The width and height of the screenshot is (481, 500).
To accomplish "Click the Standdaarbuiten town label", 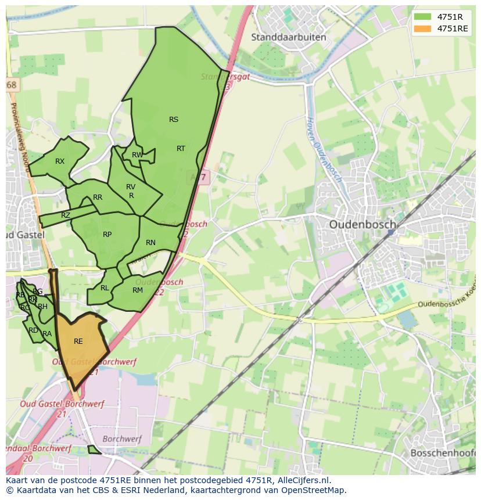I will tap(288, 37).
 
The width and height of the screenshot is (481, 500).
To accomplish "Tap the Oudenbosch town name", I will tap(362, 224).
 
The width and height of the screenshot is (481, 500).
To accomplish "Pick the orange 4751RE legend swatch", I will tap(422, 28).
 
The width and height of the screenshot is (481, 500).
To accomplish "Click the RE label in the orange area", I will tap(78, 341).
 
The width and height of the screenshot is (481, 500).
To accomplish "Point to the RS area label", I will tap(174, 120).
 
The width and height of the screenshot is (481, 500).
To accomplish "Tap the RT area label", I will tap(181, 149).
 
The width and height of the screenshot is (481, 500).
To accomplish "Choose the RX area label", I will tap(60, 161).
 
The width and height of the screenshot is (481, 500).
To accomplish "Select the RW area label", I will tap(137, 155).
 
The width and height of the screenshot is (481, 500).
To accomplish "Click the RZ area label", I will tap(66, 215).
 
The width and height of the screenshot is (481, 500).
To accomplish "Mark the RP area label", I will tap(107, 235).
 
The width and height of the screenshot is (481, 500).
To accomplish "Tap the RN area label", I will tap(150, 243).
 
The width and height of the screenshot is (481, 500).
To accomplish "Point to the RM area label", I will tap(138, 290).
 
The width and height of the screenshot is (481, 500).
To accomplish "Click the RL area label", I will tap(105, 288).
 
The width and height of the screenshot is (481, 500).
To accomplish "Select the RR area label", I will tap(98, 197).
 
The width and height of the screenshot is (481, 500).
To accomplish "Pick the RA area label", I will tap(47, 334).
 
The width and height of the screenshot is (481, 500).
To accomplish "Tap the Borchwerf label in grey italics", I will tap(122, 439).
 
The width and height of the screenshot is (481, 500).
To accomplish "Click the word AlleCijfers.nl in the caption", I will tap(301, 480).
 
